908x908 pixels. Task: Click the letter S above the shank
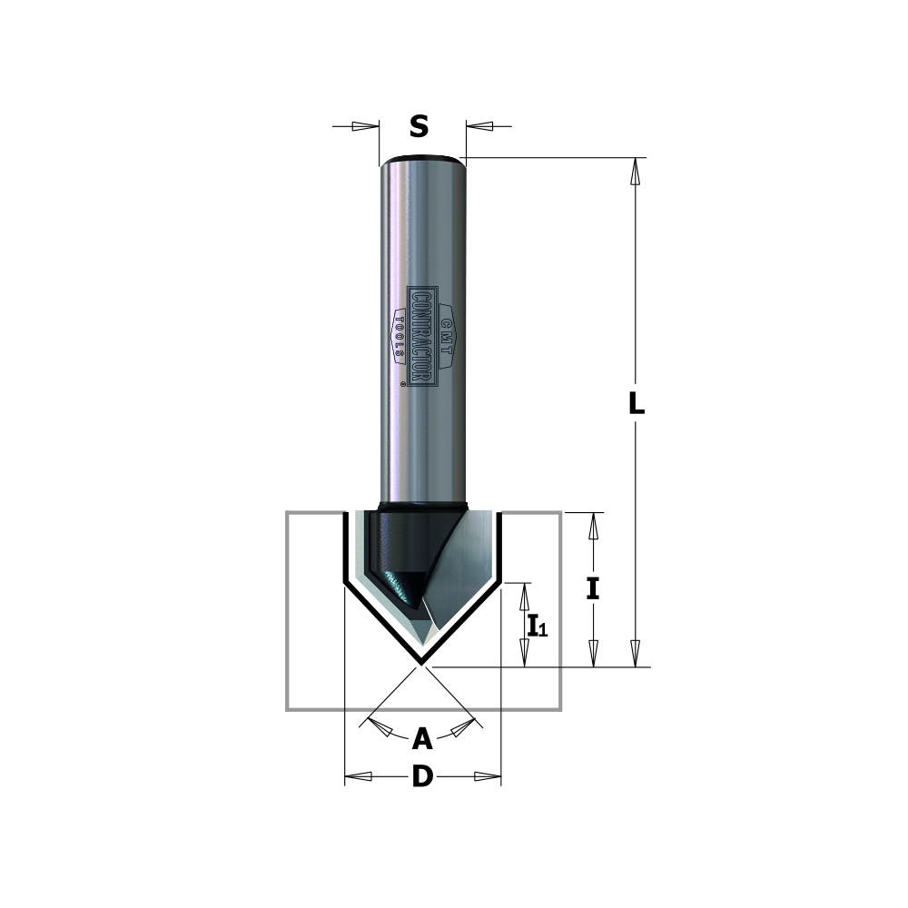coord(419,127)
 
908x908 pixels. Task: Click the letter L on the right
coord(637,405)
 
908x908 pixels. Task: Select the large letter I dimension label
coord(593,589)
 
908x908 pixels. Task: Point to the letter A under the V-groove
coord(422,740)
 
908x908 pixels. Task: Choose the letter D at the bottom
coord(422,777)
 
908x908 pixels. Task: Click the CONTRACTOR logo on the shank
coord(422,337)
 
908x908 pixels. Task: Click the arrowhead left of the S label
coord(367,126)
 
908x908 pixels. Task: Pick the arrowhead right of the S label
coord(479,126)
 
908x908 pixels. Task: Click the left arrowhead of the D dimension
coord(359,776)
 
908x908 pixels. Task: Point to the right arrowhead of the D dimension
coord(488,776)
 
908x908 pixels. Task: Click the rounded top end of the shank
coord(422,162)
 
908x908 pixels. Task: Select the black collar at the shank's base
coord(423,506)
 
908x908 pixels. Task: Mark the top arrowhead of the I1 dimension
coord(524,596)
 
